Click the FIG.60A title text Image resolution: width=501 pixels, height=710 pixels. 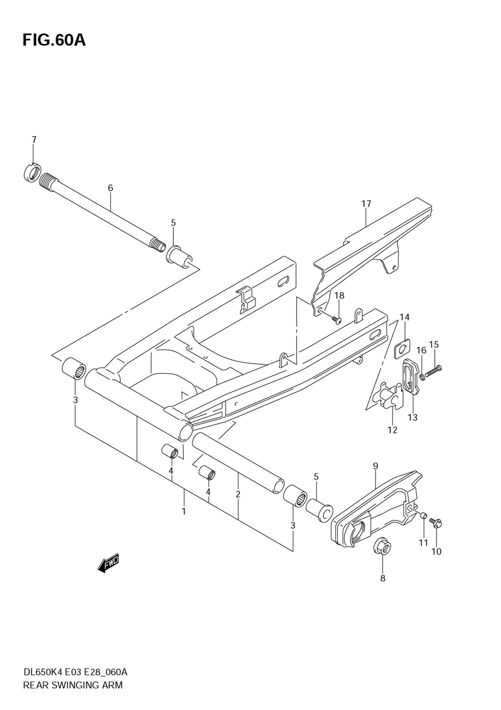tap(54, 40)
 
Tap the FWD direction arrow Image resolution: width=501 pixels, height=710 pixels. tap(108, 563)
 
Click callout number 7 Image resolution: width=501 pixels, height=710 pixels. tap(34, 140)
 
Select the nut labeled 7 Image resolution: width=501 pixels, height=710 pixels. tap(32, 173)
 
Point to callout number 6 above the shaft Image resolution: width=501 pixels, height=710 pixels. tap(110, 188)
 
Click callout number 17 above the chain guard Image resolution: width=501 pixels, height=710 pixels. tap(366, 204)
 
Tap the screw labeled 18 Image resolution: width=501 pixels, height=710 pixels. tap(336, 319)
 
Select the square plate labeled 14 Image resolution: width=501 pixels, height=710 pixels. tap(402, 348)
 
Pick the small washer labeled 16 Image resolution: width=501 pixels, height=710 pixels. tap(422, 376)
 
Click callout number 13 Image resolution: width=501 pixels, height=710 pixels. tap(412, 417)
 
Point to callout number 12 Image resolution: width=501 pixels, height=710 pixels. tap(392, 429)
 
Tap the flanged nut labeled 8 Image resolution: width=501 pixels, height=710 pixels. tap(382, 547)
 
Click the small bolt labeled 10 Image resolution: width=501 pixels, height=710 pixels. tap(436, 524)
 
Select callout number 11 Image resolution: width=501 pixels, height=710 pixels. tap(423, 543)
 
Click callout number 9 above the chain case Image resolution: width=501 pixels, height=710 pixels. tap(375, 466)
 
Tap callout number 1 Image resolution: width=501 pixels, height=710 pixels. tap(184, 511)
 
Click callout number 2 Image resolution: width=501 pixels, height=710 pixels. tap(238, 494)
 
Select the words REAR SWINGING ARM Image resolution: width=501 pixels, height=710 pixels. tap(73, 685)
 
